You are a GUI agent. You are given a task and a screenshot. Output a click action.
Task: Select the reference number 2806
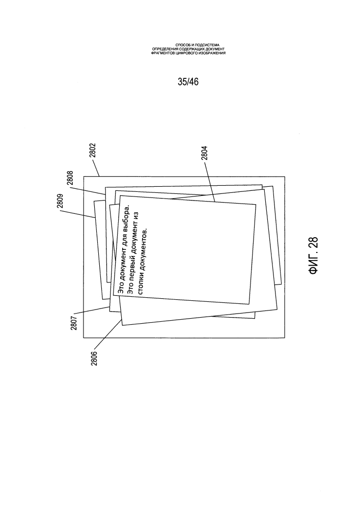pos(94,358)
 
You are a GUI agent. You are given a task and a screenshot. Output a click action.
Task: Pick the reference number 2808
pos(70,178)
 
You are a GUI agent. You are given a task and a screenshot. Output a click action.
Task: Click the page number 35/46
pos(188,82)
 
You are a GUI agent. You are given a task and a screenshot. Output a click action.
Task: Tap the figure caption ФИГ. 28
pos(314,256)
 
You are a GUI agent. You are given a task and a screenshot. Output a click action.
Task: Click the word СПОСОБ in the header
pos(182,45)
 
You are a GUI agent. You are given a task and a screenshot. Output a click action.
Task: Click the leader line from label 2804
pos(209,183)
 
